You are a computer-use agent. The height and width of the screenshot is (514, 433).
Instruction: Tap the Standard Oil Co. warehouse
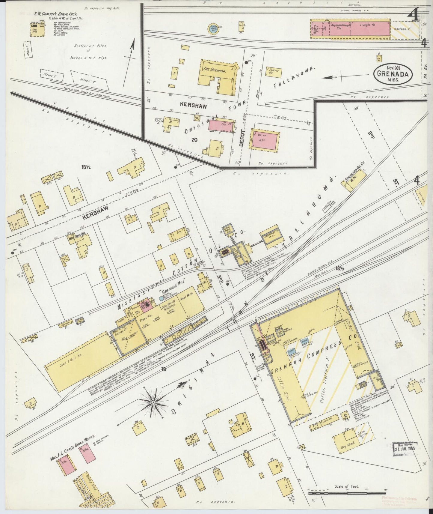pos(355,182)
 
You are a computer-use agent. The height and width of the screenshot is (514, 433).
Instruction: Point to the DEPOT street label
pos(243,138)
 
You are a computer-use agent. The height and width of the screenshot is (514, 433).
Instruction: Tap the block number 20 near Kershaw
pos(195,139)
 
